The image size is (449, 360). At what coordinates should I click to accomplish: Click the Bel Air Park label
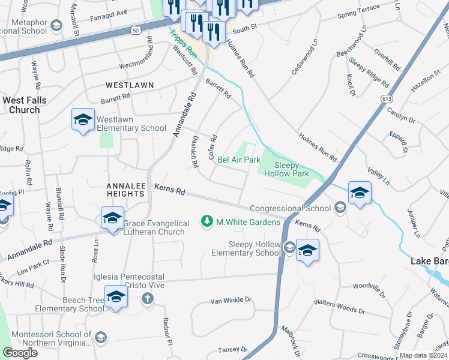click(x=239, y=160)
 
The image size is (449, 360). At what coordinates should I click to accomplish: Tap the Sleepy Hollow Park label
click(x=291, y=169)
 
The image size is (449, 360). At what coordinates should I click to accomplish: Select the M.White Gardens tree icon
click(x=208, y=222)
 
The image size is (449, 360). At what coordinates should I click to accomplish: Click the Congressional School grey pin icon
click(x=340, y=208)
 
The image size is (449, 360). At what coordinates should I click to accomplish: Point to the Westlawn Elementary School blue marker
click(x=83, y=119)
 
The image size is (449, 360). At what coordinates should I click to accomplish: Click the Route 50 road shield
click(x=137, y=29)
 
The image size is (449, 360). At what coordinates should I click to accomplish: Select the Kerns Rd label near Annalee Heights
click(x=169, y=190)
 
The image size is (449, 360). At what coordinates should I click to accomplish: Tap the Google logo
click(x=20, y=353)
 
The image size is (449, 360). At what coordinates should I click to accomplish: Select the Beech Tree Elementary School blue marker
click(x=116, y=296)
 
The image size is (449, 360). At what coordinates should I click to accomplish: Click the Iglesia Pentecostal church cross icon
click(x=148, y=299)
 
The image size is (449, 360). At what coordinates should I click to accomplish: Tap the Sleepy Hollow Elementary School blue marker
click(x=307, y=250)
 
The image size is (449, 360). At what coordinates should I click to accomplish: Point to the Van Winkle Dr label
click(x=231, y=300)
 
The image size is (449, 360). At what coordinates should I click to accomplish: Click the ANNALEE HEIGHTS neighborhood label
click(x=126, y=190)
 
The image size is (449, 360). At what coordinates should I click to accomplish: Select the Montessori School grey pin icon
click(x=100, y=337)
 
